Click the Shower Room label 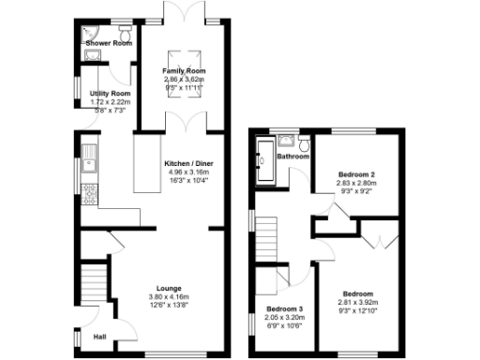point(109,43)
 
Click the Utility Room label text point(108,95)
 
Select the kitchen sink point(91,159)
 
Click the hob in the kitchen point(91,196)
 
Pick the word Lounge point(170,288)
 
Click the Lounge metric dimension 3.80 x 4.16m point(170,296)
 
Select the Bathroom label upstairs point(292,157)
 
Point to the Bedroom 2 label point(357,174)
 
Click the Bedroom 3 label point(285,309)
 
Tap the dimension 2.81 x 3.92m point(357,302)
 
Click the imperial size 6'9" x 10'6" point(285,325)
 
